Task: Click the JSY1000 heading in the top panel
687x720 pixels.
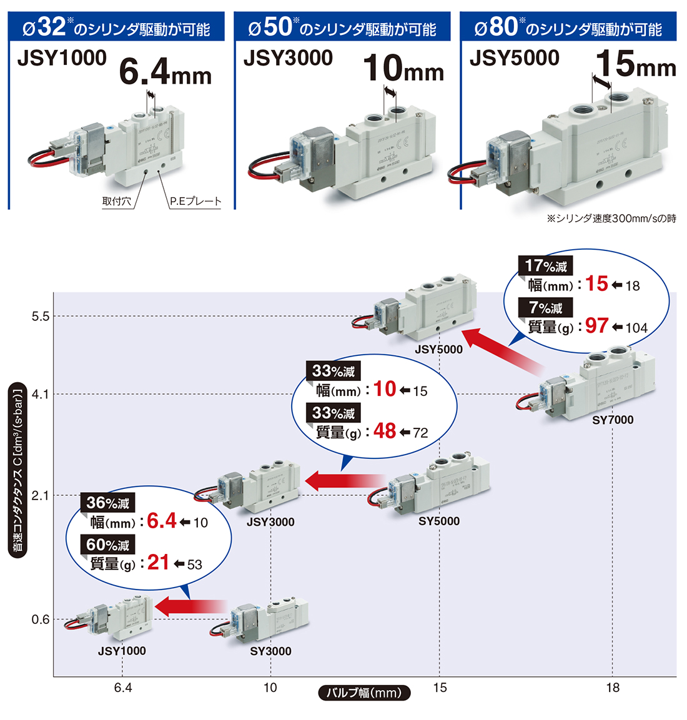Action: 62,58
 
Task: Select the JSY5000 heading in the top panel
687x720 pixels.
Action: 514,58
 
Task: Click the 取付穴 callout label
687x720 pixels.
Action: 117,201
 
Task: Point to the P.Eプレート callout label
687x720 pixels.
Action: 195,201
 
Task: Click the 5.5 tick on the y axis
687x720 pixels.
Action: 40,317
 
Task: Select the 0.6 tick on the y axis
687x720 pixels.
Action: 40,619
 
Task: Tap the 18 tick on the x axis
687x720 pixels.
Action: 613,688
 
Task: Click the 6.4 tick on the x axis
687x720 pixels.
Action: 123,688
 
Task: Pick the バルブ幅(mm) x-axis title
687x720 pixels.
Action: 364,693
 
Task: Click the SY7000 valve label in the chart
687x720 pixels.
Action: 613,420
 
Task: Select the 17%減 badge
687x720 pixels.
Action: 546,266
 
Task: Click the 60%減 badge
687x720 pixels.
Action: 108,545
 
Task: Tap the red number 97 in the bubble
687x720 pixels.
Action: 596,325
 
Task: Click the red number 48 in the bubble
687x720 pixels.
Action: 385,431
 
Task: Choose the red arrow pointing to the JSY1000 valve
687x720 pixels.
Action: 190,606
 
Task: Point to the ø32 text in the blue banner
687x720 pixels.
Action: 45,27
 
